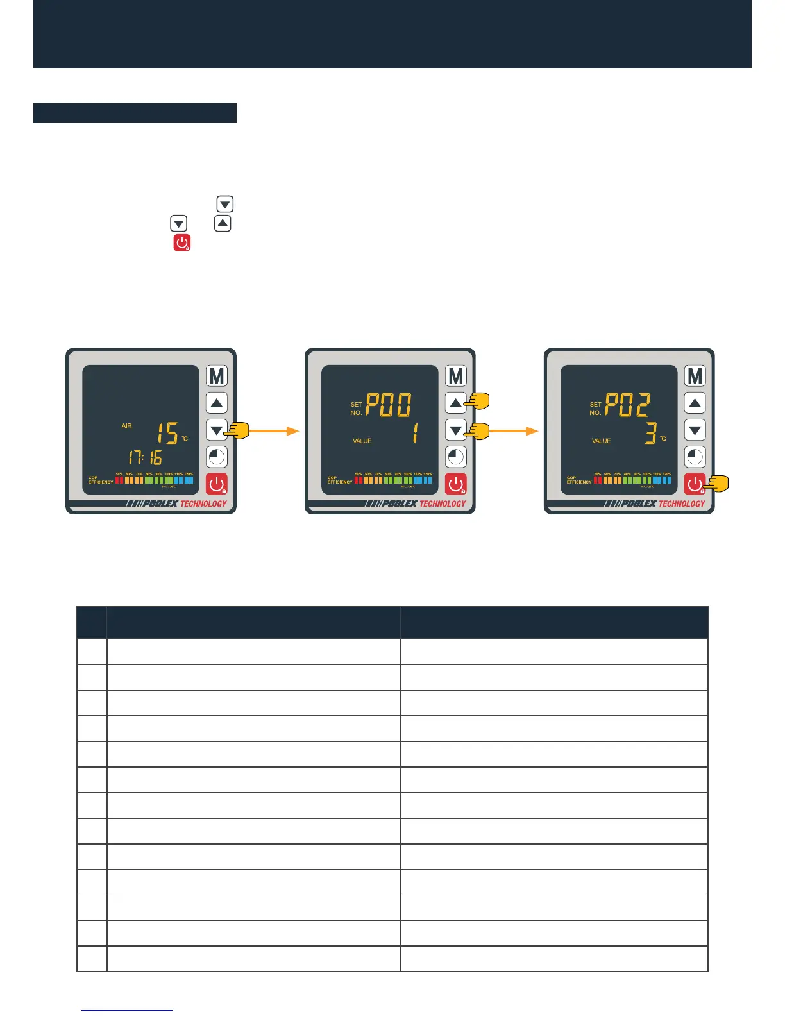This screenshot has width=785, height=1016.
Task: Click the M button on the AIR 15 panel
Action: click(217, 376)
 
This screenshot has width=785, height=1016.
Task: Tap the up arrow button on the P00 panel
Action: click(455, 403)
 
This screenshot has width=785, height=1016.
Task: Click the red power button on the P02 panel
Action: click(694, 484)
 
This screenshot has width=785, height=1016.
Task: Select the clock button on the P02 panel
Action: click(695, 457)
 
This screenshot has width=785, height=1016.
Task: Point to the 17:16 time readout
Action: click(145, 457)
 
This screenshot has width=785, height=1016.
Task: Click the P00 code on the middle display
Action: click(389, 405)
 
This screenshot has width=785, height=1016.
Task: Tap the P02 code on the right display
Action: click(628, 405)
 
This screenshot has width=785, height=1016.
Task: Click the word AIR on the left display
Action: click(126, 426)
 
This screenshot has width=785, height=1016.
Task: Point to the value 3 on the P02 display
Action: click(650, 434)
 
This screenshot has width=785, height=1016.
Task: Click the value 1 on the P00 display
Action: click(414, 434)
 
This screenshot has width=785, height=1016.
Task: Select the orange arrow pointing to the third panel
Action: click(513, 431)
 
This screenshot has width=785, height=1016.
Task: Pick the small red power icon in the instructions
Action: click(182, 242)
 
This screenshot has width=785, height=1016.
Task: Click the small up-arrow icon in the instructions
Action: click(222, 223)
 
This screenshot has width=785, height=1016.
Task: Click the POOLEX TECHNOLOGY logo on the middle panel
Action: click(415, 504)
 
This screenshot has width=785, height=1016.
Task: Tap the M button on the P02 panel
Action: click(695, 376)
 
